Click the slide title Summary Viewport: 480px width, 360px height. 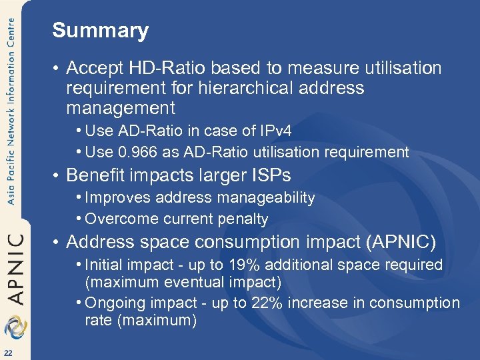[100, 31]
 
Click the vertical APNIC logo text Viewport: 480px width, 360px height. [17, 267]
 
